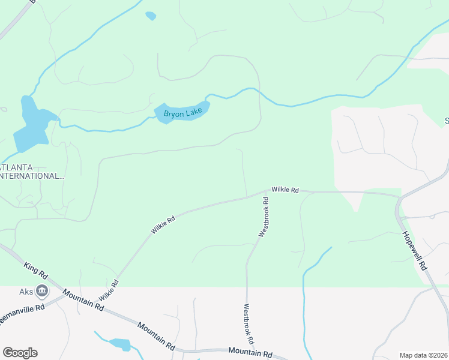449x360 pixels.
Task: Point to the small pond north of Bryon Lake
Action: point(151,16)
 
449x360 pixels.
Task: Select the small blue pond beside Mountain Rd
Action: point(121,344)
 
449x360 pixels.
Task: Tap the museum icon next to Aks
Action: point(42,292)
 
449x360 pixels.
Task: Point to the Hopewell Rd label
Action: point(414,250)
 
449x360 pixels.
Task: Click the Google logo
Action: point(20,353)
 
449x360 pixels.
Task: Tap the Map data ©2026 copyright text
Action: point(423,355)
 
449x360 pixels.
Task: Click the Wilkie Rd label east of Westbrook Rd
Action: point(285,190)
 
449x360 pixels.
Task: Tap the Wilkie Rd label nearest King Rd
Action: point(109,289)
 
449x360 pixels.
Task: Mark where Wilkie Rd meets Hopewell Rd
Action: point(398,197)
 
